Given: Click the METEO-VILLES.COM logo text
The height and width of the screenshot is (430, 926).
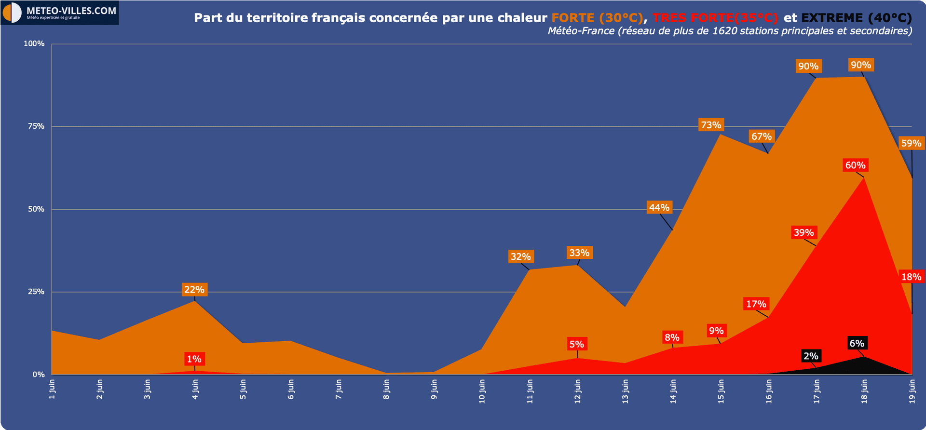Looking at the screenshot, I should tap(71, 11).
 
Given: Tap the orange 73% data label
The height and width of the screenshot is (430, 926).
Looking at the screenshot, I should tap(711, 125).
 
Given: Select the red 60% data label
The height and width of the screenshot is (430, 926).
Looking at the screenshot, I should tap(855, 165).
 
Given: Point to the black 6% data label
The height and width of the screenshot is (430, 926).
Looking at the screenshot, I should tap(857, 343).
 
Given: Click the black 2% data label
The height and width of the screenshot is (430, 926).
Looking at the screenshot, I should tap(811, 356).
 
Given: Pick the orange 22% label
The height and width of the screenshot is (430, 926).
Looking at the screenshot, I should tap(194, 290).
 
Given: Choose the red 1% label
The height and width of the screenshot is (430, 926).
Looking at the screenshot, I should tap(194, 359).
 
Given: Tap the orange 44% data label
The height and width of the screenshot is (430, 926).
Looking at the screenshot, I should tap(659, 208).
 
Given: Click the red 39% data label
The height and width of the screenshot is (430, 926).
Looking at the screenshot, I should tap(803, 232).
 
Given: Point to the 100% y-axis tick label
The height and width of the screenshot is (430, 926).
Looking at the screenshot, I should tap(34, 44).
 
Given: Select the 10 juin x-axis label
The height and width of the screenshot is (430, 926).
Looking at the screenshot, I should tap(482, 391).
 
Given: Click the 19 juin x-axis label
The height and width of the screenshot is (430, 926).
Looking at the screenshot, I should tap(912, 391).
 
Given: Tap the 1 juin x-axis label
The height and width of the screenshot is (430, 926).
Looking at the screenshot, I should tap(52, 389).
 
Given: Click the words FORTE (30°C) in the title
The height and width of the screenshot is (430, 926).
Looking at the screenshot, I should tap(597, 18).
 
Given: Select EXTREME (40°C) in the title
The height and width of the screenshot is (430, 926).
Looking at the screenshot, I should tap(857, 18).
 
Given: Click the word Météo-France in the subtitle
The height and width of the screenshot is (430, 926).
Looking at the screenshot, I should tap(581, 31).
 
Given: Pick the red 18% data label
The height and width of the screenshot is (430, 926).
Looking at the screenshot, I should tap(911, 277).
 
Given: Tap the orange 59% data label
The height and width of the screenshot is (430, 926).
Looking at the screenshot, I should tap(911, 143).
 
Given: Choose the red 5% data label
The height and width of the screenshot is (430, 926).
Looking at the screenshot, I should tap(576, 344).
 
